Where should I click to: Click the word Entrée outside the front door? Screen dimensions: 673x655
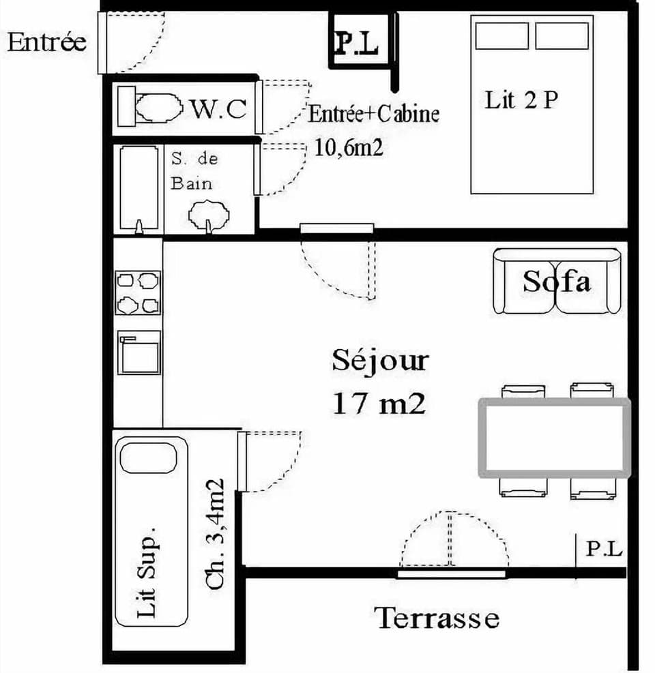click(47, 42)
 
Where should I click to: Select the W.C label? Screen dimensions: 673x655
click(218, 108)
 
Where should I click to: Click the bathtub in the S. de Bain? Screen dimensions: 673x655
click(139, 188)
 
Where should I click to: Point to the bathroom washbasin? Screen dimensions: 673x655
click(209, 214)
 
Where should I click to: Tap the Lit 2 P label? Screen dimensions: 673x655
click(521, 100)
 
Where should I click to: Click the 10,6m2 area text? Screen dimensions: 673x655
click(349, 147)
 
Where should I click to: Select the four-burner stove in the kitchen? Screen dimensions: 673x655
click(139, 293)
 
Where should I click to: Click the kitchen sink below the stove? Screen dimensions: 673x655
click(139, 353)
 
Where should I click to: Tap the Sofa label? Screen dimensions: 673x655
click(557, 281)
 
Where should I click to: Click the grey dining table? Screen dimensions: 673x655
click(554, 438)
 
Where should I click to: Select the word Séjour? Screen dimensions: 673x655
click(380, 361)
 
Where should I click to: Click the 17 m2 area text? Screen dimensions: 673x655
click(379, 404)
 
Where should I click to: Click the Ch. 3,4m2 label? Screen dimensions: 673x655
click(216, 534)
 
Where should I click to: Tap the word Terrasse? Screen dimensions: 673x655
click(437, 618)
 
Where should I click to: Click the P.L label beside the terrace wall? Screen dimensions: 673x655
click(605, 549)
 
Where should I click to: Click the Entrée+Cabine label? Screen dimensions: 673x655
click(373, 114)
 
